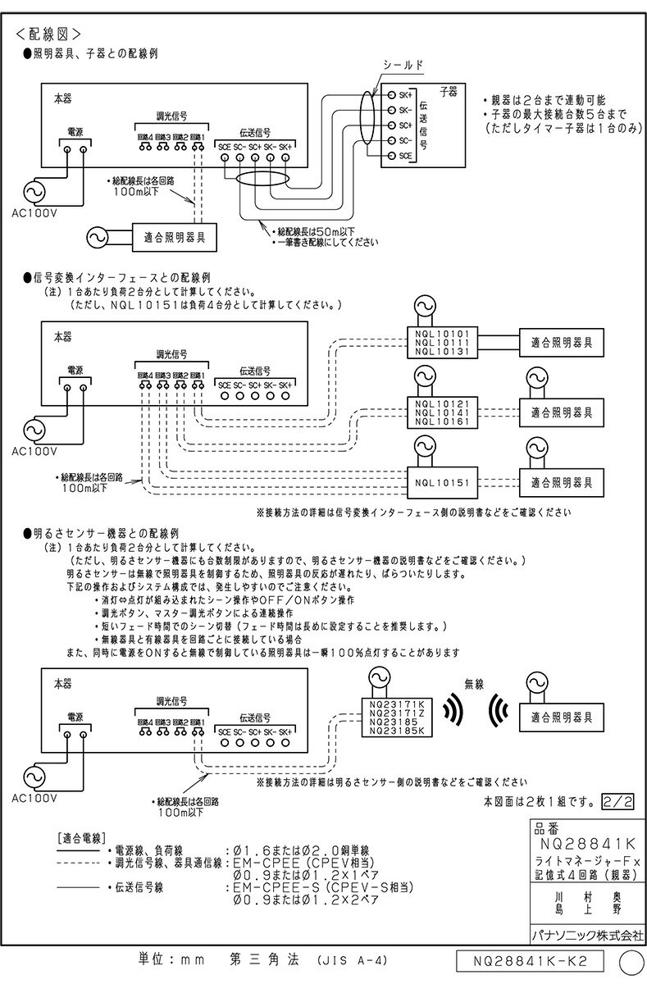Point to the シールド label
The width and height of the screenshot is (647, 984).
pyautogui.click(x=403, y=63)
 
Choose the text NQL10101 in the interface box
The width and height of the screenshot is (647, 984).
pyautogui.click(x=442, y=334)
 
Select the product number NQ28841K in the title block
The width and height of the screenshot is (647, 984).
pyautogui.click(x=583, y=842)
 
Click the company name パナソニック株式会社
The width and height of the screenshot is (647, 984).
pyautogui.click(x=583, y=934)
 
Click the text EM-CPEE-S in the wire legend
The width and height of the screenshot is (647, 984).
pyautogui.click(x=271, y=887)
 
